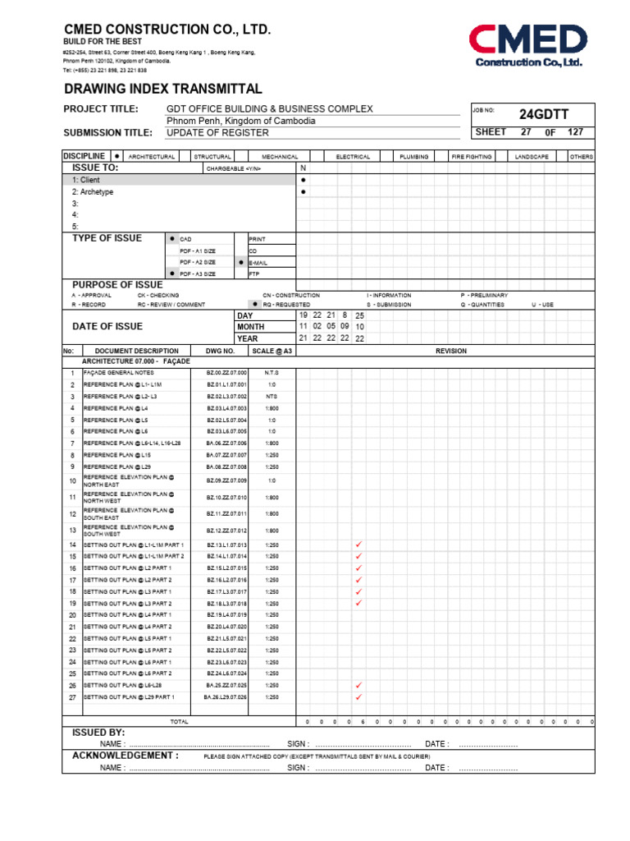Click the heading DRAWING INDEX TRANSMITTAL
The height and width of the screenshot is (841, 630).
click(x=163, y=89)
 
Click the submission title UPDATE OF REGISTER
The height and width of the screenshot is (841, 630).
click(x=206, y=132)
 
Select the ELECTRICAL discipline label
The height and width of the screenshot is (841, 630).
click(x=353, y=156)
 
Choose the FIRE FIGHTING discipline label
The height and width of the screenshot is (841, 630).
click(x=472, y=156)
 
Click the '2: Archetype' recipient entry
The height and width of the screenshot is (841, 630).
click(x=93, y=191)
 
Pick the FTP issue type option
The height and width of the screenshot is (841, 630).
click(x=253, y=273)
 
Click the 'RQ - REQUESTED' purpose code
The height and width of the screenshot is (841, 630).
click(x=286, y=304)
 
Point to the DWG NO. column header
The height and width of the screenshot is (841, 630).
click(x=220, y=351)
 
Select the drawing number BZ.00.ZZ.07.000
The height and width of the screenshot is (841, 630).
click(x=226, y=373)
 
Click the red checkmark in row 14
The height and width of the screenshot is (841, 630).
click(x=358, y=545)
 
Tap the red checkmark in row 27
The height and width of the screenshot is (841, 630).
click(x=358, y=697)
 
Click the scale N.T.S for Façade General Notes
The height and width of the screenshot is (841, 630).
click(x=272, y=373)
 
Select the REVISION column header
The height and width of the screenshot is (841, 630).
click(x=451, y=351)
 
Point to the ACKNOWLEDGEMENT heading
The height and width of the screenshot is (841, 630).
click(x=126, y=755)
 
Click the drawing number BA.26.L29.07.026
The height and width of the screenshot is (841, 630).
click(x=226, y=697)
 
